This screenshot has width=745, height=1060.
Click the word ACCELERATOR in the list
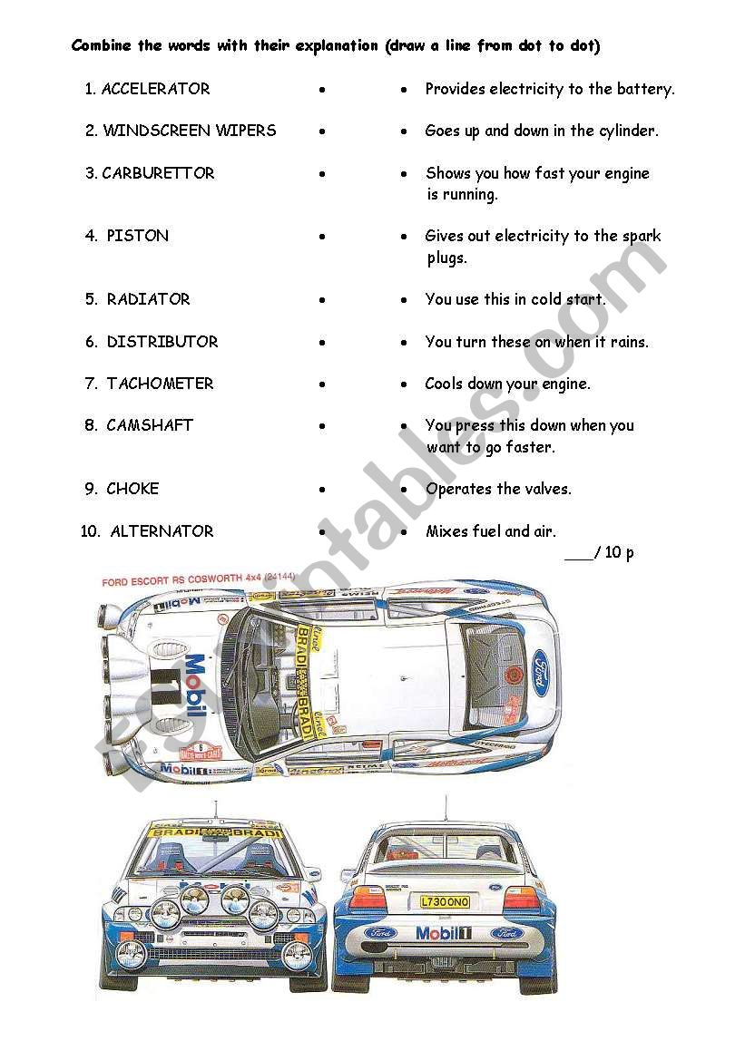pyautogui.click(x=155, y=89)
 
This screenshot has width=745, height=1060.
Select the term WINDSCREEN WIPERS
pyautogui.click(x=189, y=131)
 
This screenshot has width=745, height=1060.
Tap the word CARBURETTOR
pyautogui.click(x=158, y=173)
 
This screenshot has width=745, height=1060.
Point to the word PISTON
pyautogui.click(x=137, y=236)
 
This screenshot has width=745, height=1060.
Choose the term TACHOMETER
pyautogui.click(x=160, y=384)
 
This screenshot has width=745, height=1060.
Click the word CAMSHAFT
pyautogui.click(x=150, y=425)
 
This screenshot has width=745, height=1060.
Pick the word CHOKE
pyautogui.click(x=132, y=489)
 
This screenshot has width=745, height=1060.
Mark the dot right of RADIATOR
pyautogui.click(x=322, y=300)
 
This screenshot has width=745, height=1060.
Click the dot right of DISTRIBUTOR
pyautogui.click(x=322, y=343)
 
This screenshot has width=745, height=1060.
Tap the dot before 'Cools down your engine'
pyautogui.click(x=405, y=384)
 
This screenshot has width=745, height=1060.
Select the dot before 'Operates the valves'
pyautogui.click(x=405, y=490)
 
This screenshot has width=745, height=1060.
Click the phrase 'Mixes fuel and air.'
pyautogui.click(x=491, y=531)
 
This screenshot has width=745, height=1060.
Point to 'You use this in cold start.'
pyautogui.click(x=515, y=299)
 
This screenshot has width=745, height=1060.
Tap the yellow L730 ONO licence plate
pyautogui.click(x=445, y=901)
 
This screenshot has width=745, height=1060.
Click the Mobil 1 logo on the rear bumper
pyautogui.click(x=444, y=933)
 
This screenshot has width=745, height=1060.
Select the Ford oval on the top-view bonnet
pyautogui.click(x=541, y=668)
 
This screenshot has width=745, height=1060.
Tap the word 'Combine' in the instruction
pyautogui.click(x=103, y=45)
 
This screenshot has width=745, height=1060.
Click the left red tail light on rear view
pyautogui.click(x=368, y=898)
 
